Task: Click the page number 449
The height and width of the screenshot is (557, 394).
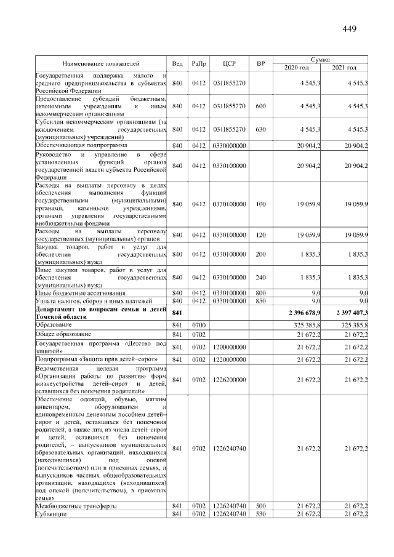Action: tap(349, 29)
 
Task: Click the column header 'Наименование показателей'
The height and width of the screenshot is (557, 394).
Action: tap(101, 63)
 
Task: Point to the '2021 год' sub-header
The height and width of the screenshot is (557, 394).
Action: tap(344, 67)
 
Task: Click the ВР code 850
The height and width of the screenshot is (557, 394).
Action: tap(260, 300)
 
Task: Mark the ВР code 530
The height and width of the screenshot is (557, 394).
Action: tap(260, 513)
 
